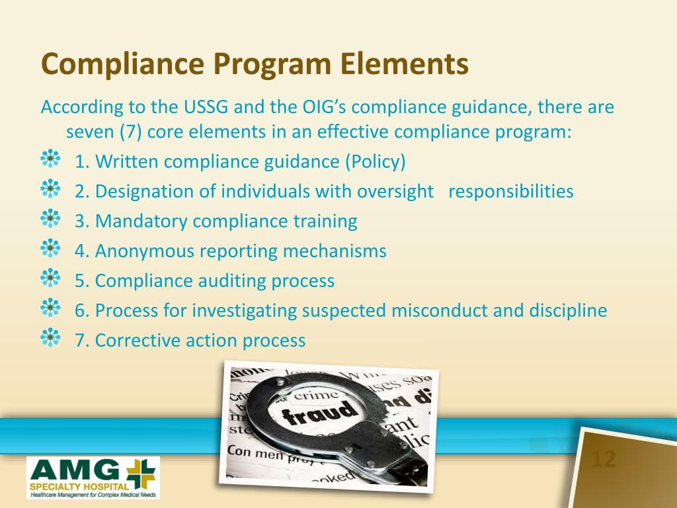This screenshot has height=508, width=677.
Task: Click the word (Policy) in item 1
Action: tap(374, 161)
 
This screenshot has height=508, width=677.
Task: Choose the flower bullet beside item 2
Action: tap(50, 190)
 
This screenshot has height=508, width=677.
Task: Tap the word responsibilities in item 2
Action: tap(510, 192)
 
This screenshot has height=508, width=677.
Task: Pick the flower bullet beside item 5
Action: tap(50, 279)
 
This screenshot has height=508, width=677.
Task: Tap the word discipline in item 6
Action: tap(567, 311)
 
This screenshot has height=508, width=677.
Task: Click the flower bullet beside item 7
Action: tap(50, 339)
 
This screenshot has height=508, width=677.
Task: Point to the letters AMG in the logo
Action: tap(73, 470)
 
